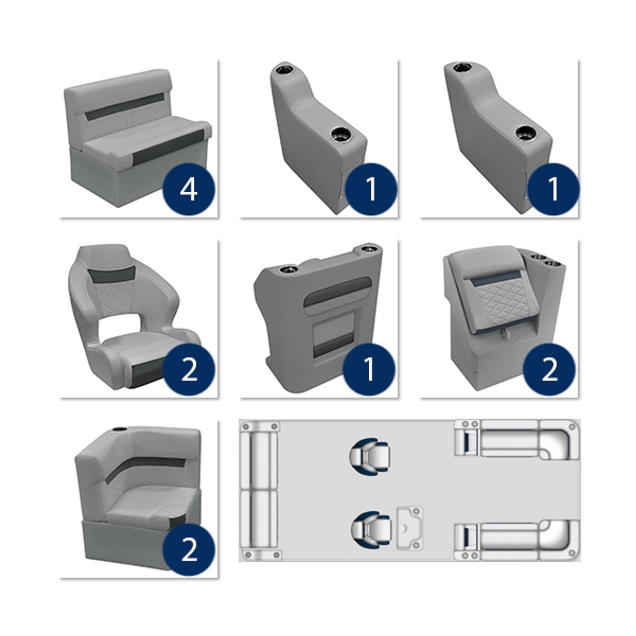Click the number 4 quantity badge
[189, 190]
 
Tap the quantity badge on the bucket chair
[189, 369]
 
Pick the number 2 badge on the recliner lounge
[549, 369]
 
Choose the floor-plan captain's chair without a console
[370, 456]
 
